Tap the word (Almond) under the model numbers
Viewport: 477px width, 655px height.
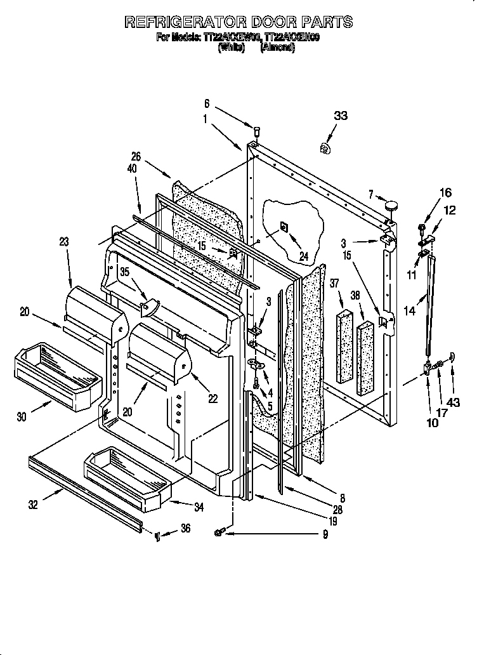277,48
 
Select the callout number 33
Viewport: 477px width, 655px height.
341,116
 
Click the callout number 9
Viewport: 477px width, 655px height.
324,534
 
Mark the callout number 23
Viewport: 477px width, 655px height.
65,241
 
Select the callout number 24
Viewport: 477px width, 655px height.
303,256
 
